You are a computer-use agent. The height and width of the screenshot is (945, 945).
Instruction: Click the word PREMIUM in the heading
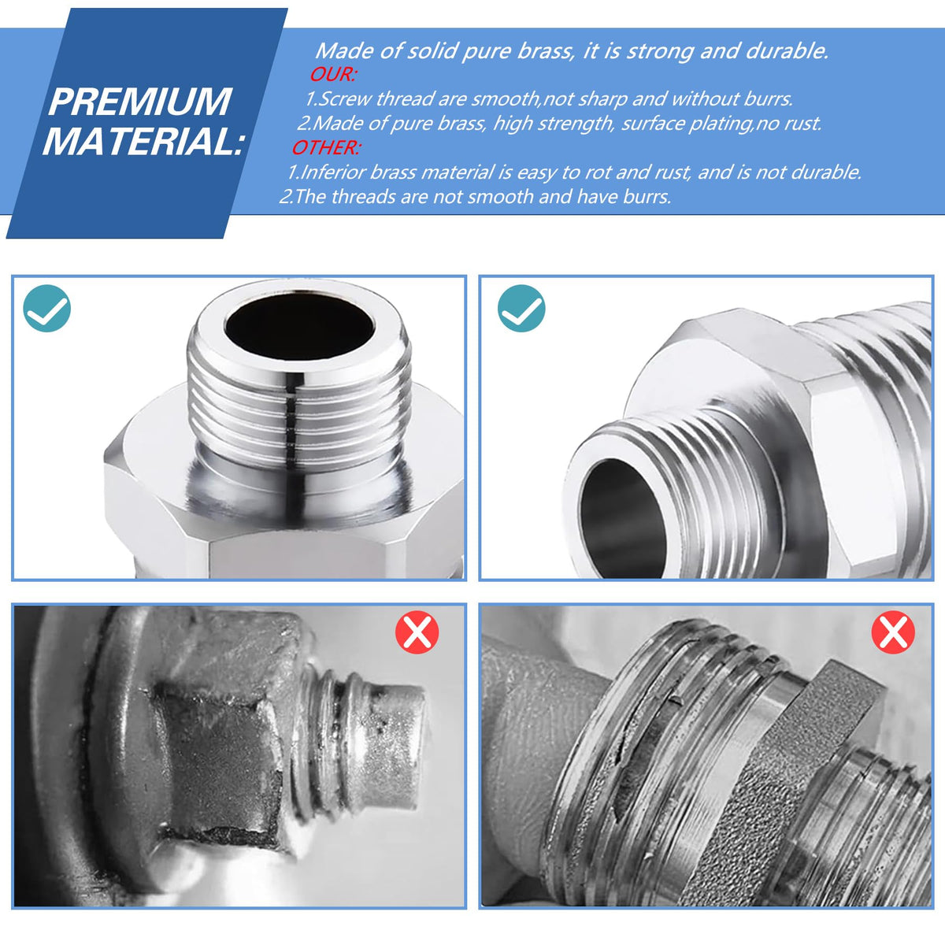[139, 102]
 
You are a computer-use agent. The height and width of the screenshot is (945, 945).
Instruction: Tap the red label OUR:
[332, 75]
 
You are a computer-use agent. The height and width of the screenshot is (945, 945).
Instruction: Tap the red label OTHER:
[326, 147]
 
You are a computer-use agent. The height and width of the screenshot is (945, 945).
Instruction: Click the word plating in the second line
[721, 124]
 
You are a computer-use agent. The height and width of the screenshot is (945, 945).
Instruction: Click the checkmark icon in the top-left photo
[47, 309]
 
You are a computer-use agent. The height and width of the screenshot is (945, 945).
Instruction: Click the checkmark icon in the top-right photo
[521, 309]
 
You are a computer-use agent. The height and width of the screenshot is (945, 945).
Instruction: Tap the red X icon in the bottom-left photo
[417, 632]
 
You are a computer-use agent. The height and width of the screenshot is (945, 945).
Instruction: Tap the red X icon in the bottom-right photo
[893, 632]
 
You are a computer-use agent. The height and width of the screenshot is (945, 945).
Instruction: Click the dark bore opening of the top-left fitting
[299, 325]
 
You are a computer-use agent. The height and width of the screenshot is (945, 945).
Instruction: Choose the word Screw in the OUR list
[345, 99]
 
